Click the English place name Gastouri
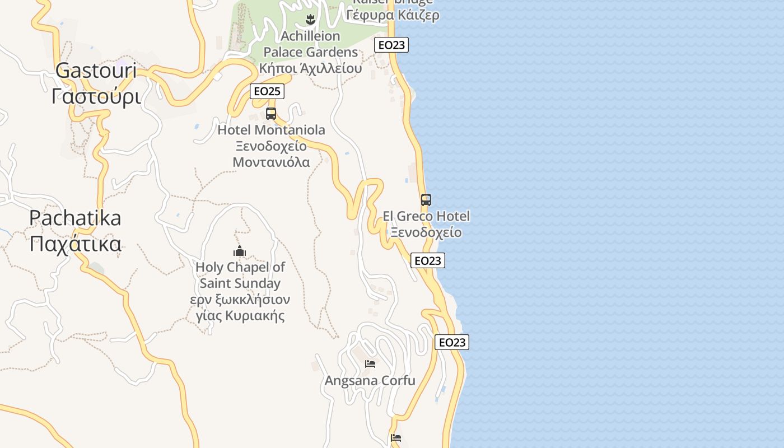(96, 71)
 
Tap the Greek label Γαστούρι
(96, 96)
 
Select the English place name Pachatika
(75, 218)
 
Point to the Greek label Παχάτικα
(75, 244)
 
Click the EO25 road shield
(267, 91)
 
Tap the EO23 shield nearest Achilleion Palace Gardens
(391, 45)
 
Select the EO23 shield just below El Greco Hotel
(428, 260)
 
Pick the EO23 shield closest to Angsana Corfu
(452, 342)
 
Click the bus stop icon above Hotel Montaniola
(271, 114)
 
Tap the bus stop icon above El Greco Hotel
(426, 200)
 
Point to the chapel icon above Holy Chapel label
(240, 251)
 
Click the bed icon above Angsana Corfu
(370, 364)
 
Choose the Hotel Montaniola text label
(271, 130)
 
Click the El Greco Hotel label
(426, 216)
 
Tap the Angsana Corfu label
(370, 381)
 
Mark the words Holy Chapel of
(240, 267)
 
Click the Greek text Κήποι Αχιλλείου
(310, 68)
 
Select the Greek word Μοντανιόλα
(271, 162)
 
